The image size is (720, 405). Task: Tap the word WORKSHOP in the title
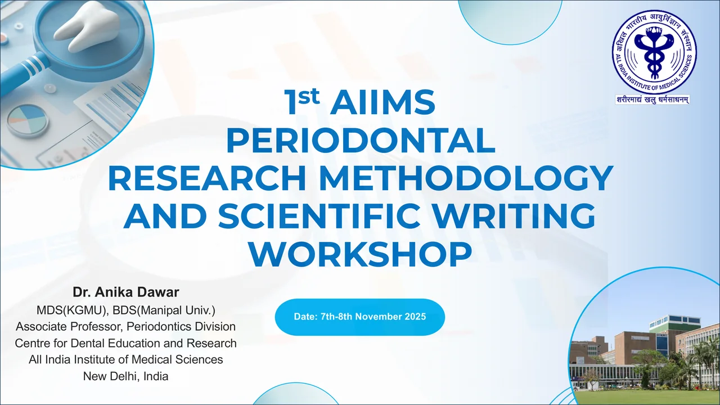[x=360, y=255]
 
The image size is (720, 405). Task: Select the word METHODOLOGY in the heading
[x=464, y=179]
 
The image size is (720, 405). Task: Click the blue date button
[x=359, y=317]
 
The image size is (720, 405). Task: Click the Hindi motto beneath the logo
[x=653, y=100]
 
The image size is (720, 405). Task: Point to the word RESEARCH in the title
[x=207, y=179]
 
